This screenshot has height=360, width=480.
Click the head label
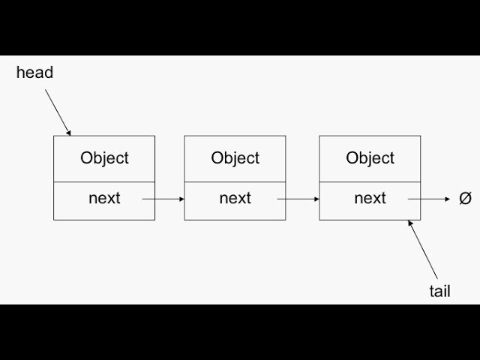click(34, 73)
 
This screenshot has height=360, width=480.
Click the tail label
click(439, 291)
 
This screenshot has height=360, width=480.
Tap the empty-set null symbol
click(465, 199)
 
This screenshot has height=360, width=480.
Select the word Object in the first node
click(104, 158)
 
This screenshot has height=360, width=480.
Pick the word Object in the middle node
click(235, 158)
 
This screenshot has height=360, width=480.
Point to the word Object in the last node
click(370, 158)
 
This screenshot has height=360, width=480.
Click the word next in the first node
click(104, 198)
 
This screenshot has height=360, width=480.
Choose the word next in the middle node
click(235, 198)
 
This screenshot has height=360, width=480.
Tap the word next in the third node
click(370, 198)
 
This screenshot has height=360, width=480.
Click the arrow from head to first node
click(58, 111)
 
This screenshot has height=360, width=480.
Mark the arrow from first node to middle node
click(163, 199)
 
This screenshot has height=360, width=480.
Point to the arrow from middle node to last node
click(298, 199)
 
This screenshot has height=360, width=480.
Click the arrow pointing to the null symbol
click(430, 199)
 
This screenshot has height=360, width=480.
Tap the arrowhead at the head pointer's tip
click(68, 132)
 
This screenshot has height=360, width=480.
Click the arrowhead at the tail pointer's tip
click(411, 223)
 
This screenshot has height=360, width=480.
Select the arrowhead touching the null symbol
click(448, 199)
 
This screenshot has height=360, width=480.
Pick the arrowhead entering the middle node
click(181, 199)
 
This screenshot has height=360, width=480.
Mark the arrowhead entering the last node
click(316, 199)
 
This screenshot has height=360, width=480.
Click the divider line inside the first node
click(104, 181)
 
